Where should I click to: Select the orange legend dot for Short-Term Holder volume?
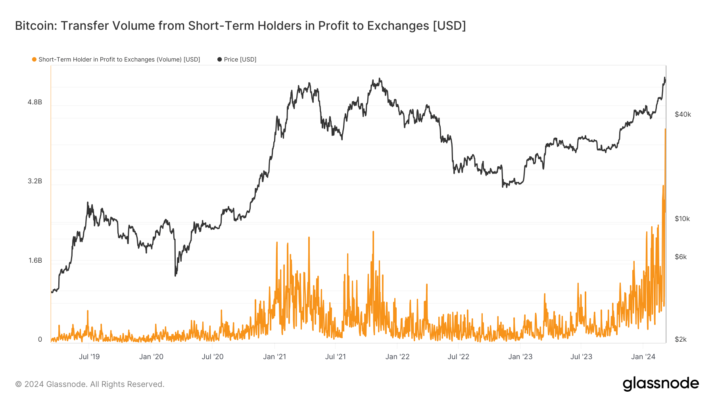(x=34, y=60)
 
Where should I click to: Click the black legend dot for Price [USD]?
(x=219, y=60)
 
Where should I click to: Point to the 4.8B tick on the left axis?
(x=35, y=102)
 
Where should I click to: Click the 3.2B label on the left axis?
(x=35, y=181)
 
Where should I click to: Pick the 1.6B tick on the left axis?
(x=35, y=260)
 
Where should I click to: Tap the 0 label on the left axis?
(x=40, y=339)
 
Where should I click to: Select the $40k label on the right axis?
(x=683, y=115)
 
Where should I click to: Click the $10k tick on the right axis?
(x=682, y=219)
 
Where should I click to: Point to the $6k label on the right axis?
(x=681, y=257)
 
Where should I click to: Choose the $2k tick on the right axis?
(x=681, y=339)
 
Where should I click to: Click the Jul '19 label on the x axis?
(x=89, y=357)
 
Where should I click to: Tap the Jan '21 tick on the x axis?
(x=274, y=357)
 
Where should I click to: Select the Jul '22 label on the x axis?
(x=458, y=357)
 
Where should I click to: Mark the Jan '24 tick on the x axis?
(x=643, y=357)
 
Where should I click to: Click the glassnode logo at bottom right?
(x=660, y=384)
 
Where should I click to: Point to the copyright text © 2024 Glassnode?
(x=90, y=384)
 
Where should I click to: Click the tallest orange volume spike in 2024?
(x=665, y=129)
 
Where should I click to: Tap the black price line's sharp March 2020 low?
(x=175, y=275)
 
